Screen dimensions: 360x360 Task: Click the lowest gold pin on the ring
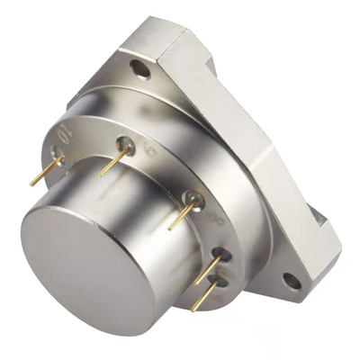pyautogui.click(x=205, y=296)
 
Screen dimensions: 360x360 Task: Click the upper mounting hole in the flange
pyautogui.click(x=137, y=66)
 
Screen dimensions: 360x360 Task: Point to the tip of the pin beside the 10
pyautogui.click(x=33, y=183)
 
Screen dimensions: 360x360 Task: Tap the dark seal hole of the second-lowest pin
pyautogui.click(x=220, y=256)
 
